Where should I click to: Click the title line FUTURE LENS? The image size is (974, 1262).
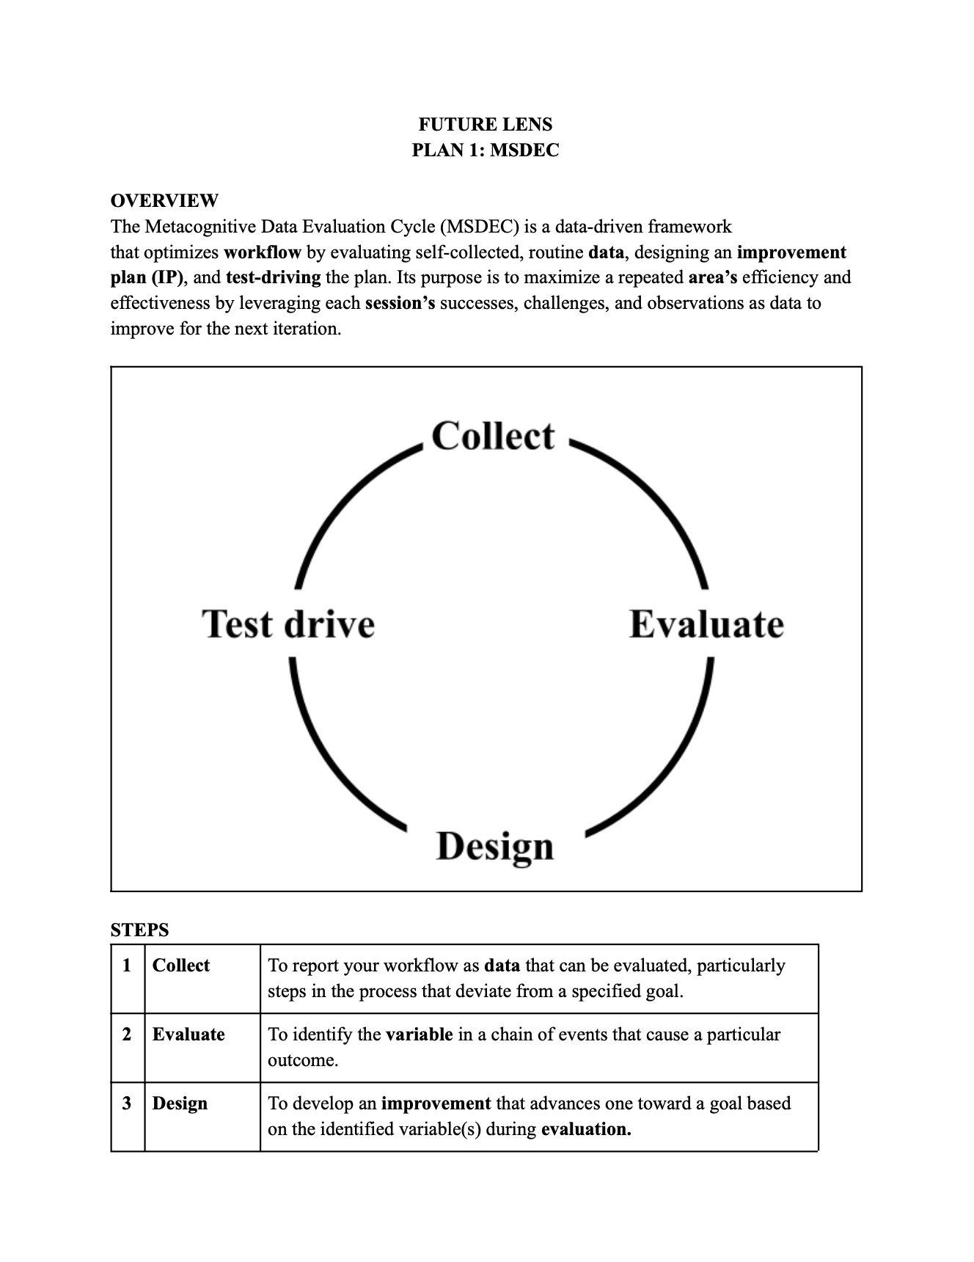click(486, 124)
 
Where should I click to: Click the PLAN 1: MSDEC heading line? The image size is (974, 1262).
click(486, 150)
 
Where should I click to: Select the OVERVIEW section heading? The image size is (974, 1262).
click(164, 200)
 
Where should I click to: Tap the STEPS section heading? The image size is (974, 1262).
click(139, 930)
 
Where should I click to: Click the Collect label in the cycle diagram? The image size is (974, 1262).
click(493, 436)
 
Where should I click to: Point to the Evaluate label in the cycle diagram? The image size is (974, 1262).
click(706, 624)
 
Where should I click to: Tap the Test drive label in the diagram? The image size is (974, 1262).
click(288, 624)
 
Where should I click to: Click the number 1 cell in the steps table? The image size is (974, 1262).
click(128, 966)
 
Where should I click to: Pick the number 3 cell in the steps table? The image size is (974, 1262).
click(128, 1104)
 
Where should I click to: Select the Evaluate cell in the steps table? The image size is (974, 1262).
click(188, 1035)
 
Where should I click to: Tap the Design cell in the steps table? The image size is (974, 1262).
click(180, 1104)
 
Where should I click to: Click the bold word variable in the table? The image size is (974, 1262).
click(420, 1035)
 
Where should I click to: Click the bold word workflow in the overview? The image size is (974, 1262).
click(263, 252)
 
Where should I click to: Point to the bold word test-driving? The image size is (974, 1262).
click(274, 277)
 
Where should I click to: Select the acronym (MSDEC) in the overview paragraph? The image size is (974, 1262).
click(480, 227)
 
